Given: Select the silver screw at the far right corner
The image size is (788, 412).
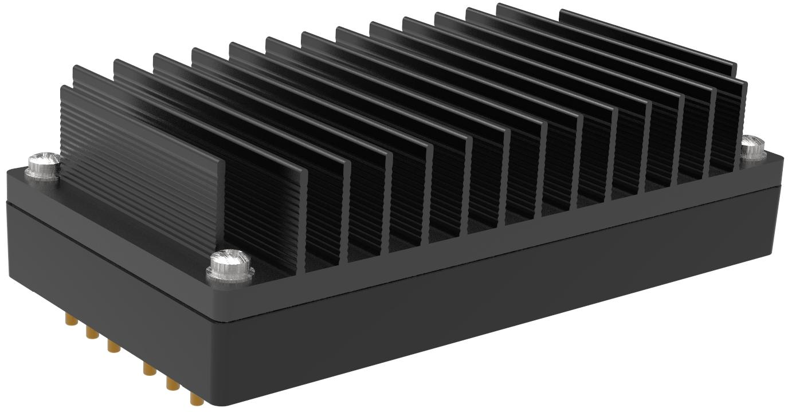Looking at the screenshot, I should click(x=752, y=147).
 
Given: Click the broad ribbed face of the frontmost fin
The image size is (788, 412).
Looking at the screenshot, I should click(x=143, y=172).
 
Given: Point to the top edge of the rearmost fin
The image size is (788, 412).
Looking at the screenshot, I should click(x=648, y=34).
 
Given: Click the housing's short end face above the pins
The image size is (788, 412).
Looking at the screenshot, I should click(x=103, y=269).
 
